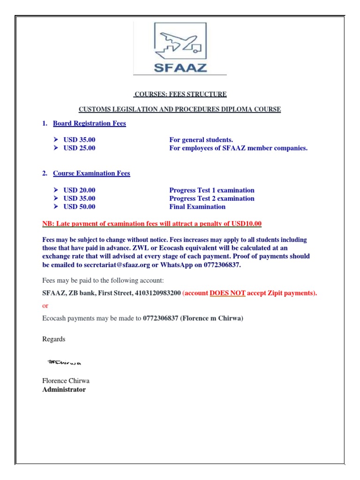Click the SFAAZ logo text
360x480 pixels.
[180, 67]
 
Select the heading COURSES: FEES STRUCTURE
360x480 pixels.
[180, 94]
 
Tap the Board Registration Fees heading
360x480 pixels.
[89, 123]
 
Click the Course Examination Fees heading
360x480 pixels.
[91, 173]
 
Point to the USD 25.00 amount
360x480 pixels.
[79, 148]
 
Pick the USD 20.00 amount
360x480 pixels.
[79, 190]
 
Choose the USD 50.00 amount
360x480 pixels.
[79, 207]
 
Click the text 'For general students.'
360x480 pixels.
[201, 140]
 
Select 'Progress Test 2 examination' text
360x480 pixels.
[211, 198]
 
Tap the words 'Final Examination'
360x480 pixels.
[197, 207]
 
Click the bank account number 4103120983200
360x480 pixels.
[157, 293]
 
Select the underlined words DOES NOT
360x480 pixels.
[227, 293]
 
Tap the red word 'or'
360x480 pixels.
[45, 306]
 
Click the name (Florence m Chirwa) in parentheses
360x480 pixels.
[211, 318]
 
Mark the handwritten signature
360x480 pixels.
[65, 362]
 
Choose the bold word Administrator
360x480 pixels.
[64, 390]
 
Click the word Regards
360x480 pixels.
[54, 339]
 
